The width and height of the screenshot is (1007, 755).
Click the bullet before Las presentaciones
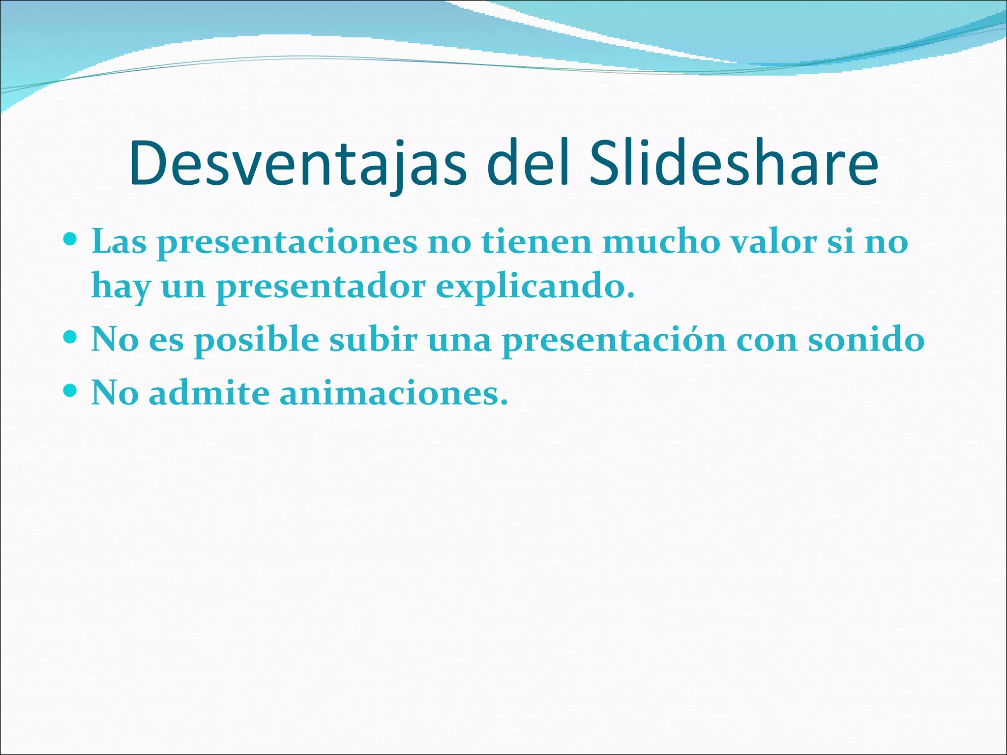tap(71, 240)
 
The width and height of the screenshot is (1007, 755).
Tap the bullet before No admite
tap(71, 391)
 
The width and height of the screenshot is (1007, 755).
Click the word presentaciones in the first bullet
tap(287, 242)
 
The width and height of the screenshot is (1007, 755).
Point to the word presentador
tap(321, 287)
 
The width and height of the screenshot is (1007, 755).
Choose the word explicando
tap(535, 287)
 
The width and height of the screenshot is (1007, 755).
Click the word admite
tap(209, 393)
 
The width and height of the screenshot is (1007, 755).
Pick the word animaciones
tap(393, 393)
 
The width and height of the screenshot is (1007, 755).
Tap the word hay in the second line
tap(120, 287)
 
